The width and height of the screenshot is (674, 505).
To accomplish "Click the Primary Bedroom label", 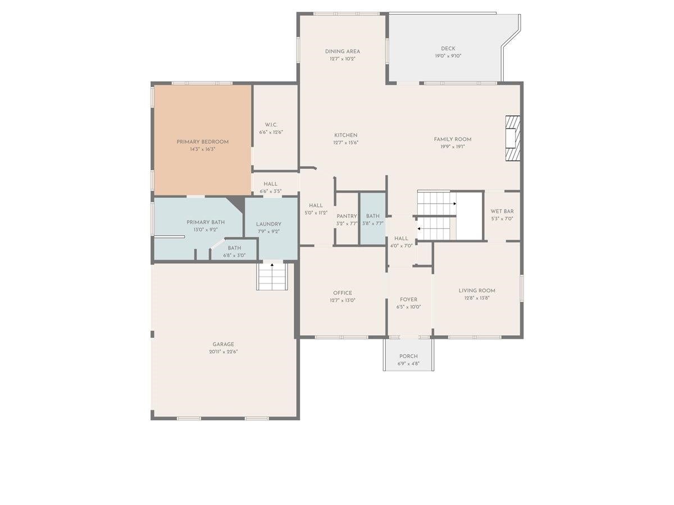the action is coord(202,142).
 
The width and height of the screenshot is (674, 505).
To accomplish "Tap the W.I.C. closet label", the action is coord(271,125).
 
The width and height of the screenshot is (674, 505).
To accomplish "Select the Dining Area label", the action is coord(343,52).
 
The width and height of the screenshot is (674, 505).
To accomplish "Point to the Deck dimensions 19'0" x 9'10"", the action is coord(448,56).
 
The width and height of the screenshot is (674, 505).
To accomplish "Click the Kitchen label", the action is coord(346,135).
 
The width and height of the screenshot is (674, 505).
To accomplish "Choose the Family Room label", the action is coord(453,139).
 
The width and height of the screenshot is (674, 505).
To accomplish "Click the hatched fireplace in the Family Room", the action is coord(513,138).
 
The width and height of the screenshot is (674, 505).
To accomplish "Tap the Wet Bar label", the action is coord(502,212).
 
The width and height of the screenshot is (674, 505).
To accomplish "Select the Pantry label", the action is coord(347,216).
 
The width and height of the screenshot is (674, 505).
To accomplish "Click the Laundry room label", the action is coord(268,224).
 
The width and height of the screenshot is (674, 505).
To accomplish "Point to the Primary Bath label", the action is coord(206,222).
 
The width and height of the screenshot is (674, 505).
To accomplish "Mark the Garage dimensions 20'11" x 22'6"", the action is coord(223,352).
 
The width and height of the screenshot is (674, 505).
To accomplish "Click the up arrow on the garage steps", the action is coord(272,265).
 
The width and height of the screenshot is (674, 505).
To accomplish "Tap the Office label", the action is coord(343,293).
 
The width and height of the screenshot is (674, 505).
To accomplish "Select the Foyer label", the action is coord(408,300).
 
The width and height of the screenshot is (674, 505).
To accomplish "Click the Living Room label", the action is coord(477,291).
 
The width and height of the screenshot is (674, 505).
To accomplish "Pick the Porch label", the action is coord(408,356).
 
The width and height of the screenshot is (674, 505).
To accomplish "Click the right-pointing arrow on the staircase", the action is coord(455,204).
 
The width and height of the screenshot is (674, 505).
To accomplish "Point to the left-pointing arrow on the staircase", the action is coord(419,228).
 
